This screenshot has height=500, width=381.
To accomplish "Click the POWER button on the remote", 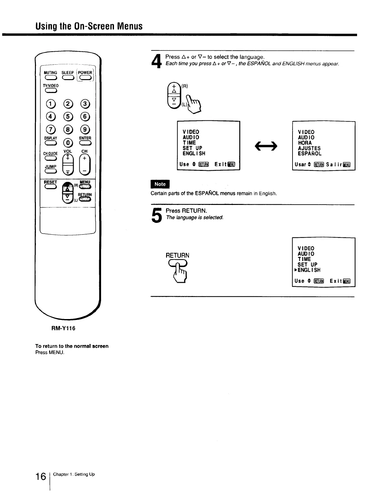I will (x=85, y=78).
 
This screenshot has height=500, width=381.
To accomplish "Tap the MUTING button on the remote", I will (x=50, y=78).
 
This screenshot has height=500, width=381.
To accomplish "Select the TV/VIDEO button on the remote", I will (x=50, y=91).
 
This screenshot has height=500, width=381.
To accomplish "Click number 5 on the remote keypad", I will (x=68, y=116).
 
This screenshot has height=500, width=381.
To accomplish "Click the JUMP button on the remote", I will (x=50, y=171).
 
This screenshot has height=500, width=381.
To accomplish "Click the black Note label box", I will (x=160, y=184).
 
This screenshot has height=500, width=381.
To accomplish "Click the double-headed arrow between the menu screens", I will (x=266, y=146).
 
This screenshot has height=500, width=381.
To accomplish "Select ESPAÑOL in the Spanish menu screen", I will (x=310, y=154).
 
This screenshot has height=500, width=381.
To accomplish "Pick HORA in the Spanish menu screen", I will (x=305, y=143).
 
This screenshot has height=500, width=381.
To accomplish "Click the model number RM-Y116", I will (x=63, y=328).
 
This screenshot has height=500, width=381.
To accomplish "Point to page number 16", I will (x=41, y=477).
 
